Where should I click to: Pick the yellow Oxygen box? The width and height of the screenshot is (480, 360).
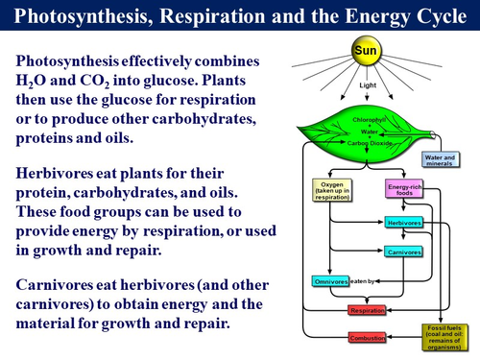point(331,188)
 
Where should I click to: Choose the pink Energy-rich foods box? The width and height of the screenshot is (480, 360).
point(399,188)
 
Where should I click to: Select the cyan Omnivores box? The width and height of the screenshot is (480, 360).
point(331,281)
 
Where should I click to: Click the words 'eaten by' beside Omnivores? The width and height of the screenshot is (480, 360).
point(364,281)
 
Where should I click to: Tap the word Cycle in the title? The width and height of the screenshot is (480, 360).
point(429,16)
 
